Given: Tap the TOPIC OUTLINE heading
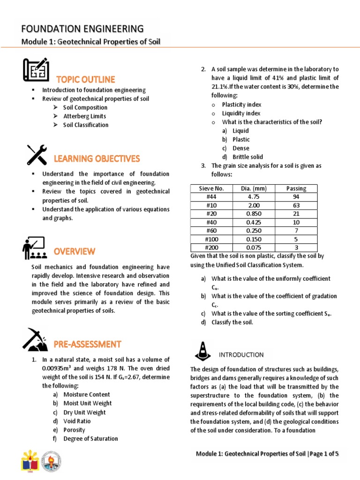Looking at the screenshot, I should coord(86,79).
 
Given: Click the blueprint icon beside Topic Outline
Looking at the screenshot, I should coord(36,69).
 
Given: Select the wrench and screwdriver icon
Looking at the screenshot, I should coord(37,154).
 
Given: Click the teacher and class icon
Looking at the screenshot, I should coord(34,248).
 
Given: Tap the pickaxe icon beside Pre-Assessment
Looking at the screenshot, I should coord(34,340).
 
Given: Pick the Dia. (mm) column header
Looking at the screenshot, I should coord(254,188).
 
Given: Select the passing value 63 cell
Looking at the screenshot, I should coord(296,205).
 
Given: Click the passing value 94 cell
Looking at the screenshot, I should coord(296,197).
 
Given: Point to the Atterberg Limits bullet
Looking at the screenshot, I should coord(84,116).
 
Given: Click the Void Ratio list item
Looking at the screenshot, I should coord(77,421).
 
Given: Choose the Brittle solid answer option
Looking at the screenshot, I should coord(247,157).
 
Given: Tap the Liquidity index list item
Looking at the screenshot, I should coord(241,113).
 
